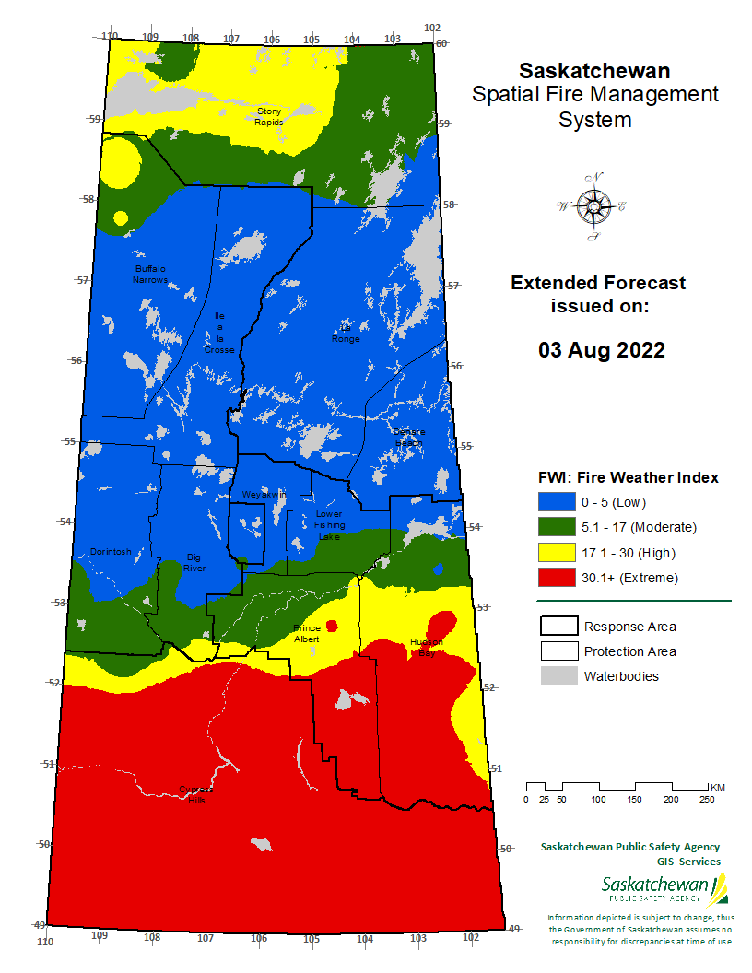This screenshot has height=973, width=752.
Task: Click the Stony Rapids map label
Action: pyautogui.click(x=270, y=116)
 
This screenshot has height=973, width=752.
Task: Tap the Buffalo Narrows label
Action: pyautogui.click(x=149, y=274)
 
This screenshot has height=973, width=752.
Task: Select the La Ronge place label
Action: pyautogui.click(x=347, y=333)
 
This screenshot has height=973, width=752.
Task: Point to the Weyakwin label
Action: pyautogui.click(x=264, y=495)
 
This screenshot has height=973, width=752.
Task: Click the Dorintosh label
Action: pyautogui.click(x=111, y=552)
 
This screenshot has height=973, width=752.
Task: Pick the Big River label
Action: pyautogui.click(x=194, y=563)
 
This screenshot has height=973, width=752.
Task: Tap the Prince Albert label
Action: pyautogui.click(x=307, y=633)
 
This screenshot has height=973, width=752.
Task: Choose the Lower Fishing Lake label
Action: pyautogui.click(x=329, y=524)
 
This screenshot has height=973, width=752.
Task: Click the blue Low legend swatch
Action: pyautogui.click(x=556, y=502)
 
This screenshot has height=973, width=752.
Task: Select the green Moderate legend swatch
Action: pyautogui.click(x=556, y=527)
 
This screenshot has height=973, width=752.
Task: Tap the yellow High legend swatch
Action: pyautogui.click(x=556, y=553)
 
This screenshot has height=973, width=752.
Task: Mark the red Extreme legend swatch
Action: pyautogui.click(x=556, y=578)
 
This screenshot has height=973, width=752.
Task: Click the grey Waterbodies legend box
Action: pyautogui.click(x=556, y=676)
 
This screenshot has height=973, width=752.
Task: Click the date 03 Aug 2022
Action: pyautogui.click(x=602, y=350)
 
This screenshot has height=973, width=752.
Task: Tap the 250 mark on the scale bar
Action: pyautogui.click(x=706, y=799)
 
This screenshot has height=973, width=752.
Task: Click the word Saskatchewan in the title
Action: pyautogui.click(x=594, y=71)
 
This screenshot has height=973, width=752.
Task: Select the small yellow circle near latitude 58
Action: pyautogui.click(x=120, y=218)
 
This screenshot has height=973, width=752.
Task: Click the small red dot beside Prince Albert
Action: pyautogui.click(x=332, y=626)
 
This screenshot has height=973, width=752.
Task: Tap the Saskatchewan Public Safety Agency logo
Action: pyautogui.click(x=664, y=890)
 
